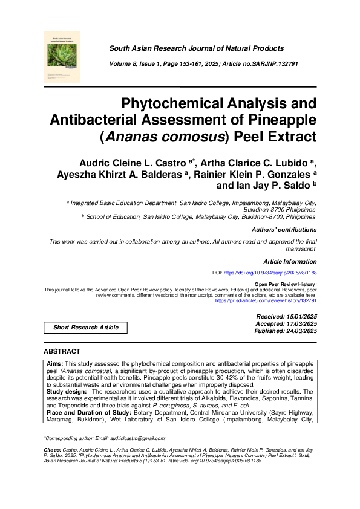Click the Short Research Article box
pyautogui.click(x=86, y=327)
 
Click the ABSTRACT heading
pyautogui.click(x=62, y=351)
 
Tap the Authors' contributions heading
pyautogui.click(x=284, y=230)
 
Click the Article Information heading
pyautogui.click(x=290, y=261)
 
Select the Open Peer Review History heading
pyautogui.click(x=286, y=284)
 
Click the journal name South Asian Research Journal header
pyautogui.click(x=196, y=48)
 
